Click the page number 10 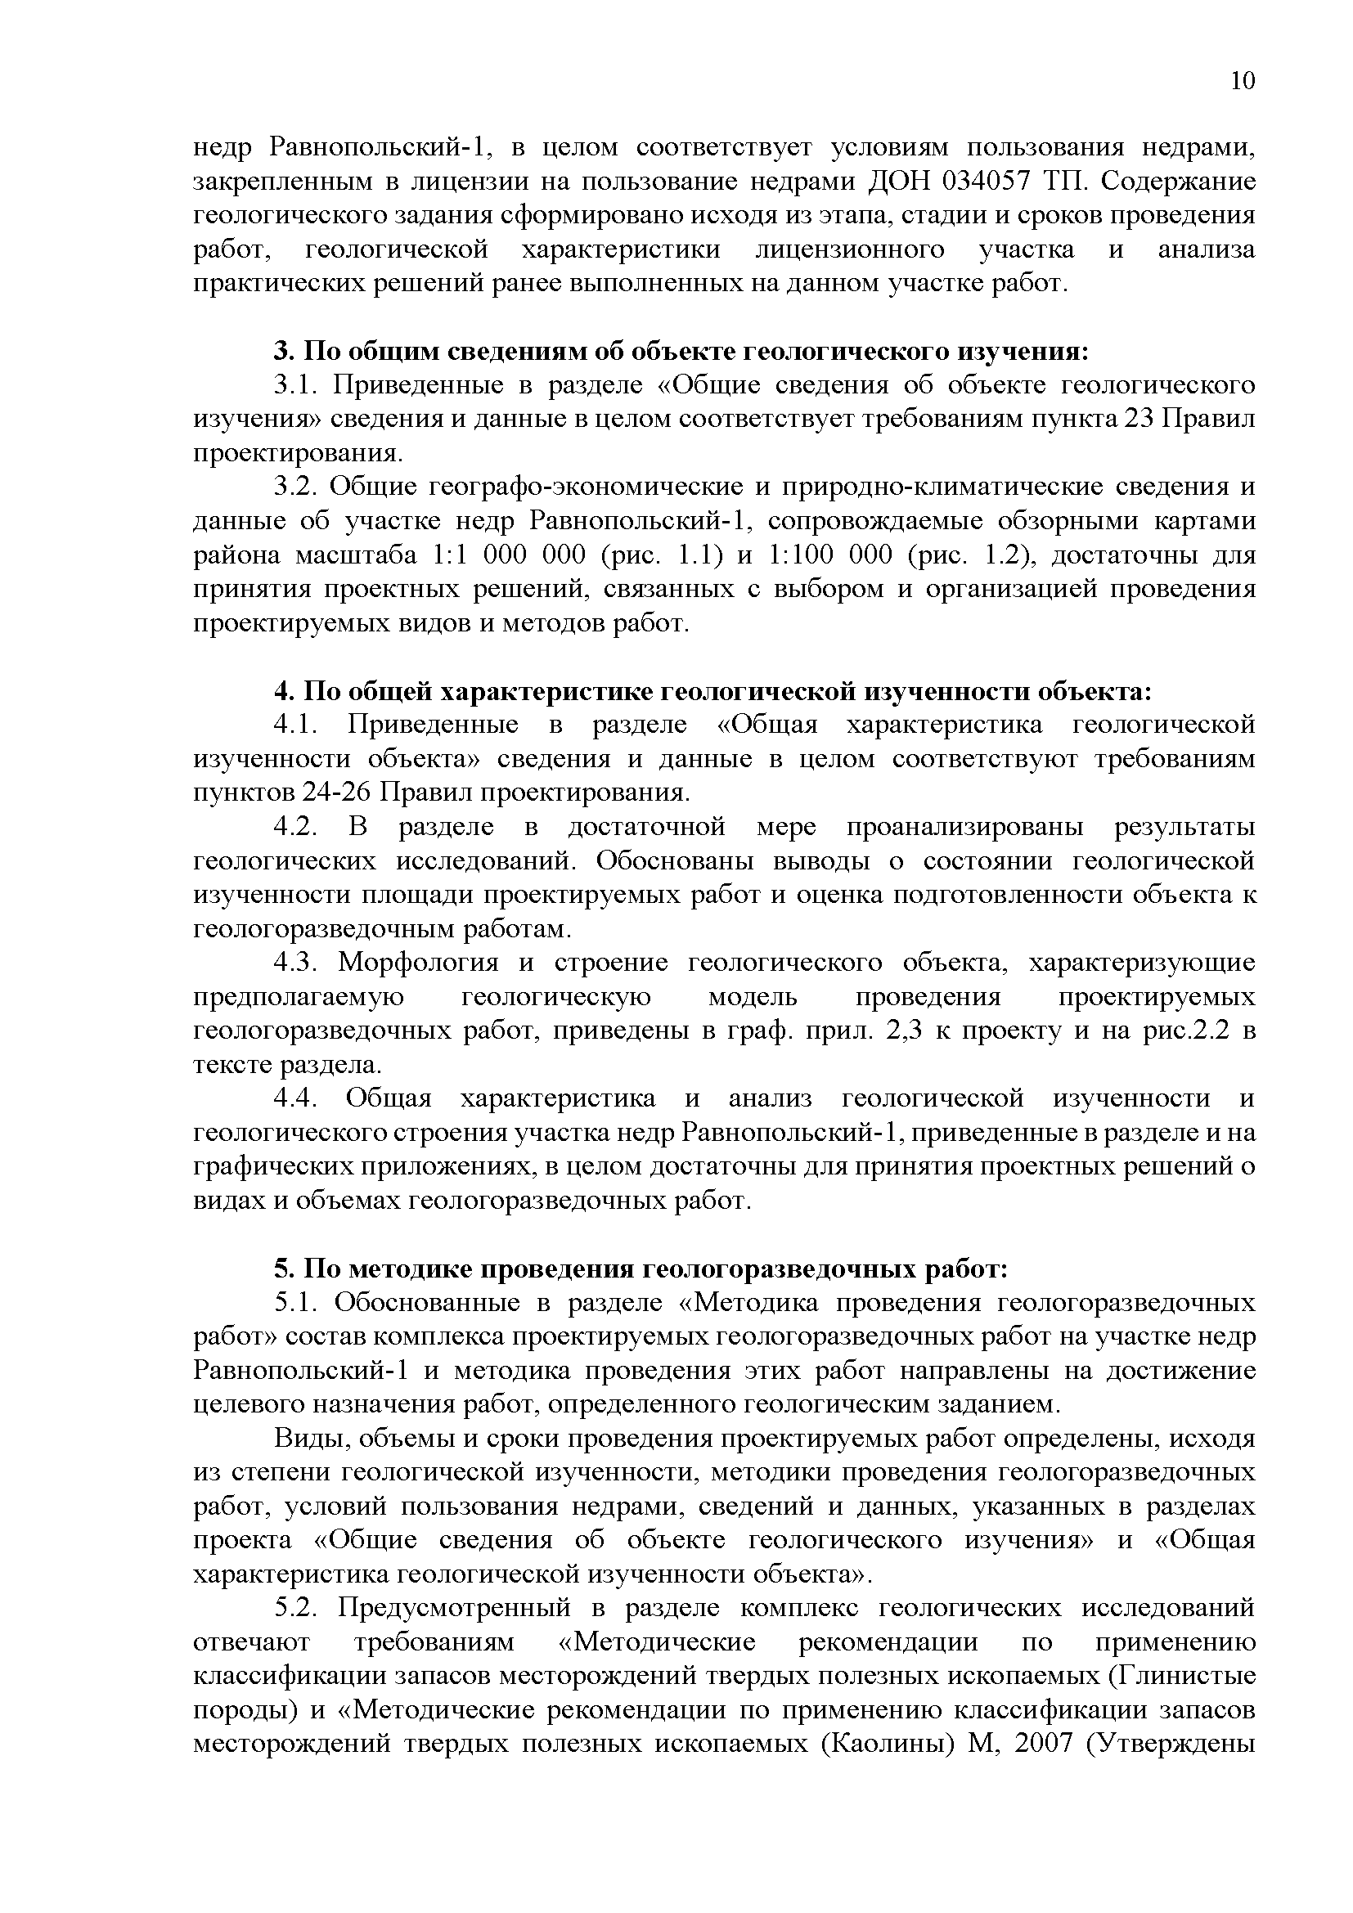(1242, 81)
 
